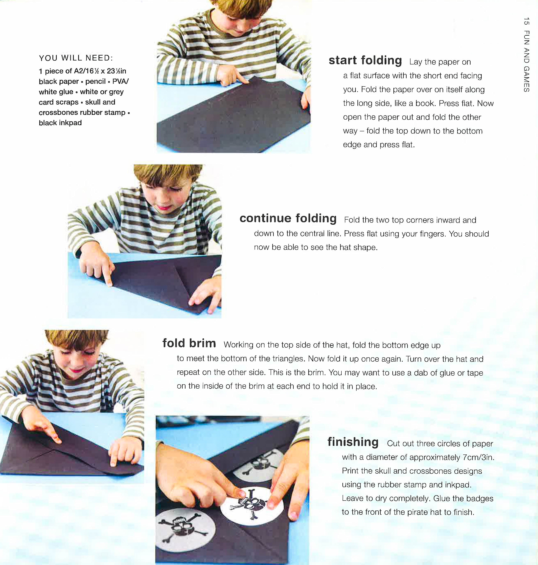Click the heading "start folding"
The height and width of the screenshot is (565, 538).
coord(365,61)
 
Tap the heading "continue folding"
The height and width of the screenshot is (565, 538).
coord(288,218)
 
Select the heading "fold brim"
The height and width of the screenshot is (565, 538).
coord(189,343)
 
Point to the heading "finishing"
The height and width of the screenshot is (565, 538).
coord(353,442)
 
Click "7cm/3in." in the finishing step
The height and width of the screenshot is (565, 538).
coord(478,457)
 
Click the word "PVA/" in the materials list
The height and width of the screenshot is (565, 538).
coord(121,82)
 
